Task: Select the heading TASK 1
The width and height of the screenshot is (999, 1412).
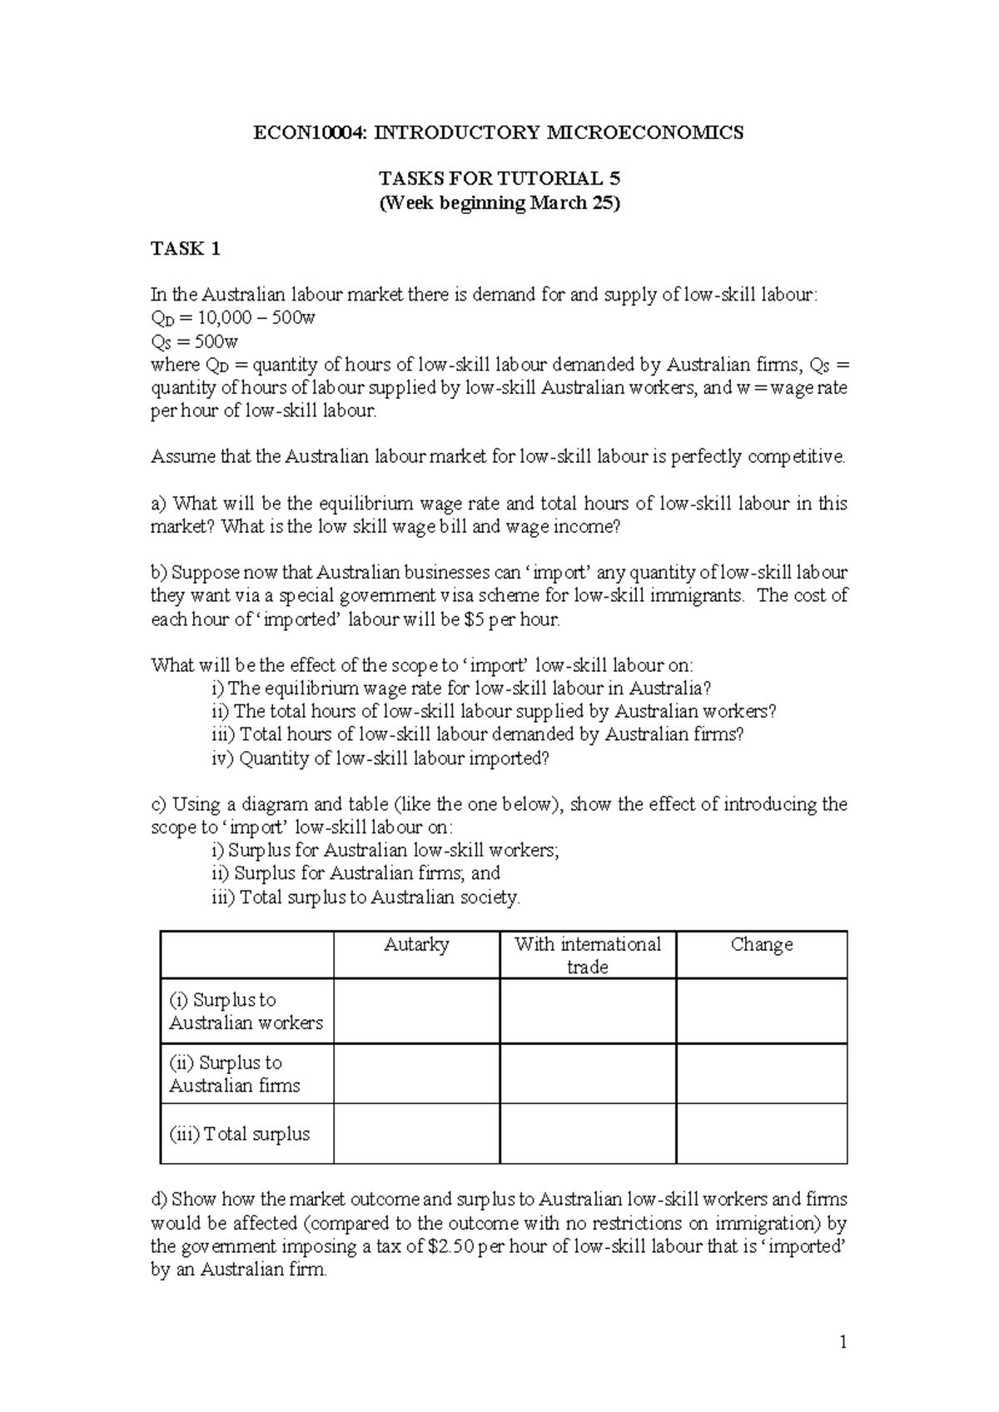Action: [x=185, y=248]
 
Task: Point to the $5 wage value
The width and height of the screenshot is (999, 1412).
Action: [x=463, y=619]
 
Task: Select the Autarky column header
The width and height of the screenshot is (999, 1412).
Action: [x=416, y=944]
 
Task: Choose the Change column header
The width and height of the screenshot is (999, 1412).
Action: [x=761, y=944]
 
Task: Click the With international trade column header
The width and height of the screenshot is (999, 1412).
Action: [x=587, y=955]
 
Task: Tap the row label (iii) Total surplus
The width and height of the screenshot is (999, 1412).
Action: [x=240, y=1134]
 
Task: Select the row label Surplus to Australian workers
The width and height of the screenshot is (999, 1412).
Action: [x=246, y=1011]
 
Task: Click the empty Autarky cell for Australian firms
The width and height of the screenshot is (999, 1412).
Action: [x=416, y=1074]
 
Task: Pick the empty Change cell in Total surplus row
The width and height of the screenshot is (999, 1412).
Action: [x=761, y=1134]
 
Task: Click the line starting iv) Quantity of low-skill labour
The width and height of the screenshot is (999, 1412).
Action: [x=381, y=758]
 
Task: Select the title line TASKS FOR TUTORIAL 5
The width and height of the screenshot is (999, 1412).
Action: [x=499, y=179]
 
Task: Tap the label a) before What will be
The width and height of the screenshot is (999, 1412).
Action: [x=158, y=504]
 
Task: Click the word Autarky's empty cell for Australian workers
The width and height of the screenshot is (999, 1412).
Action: [x=416, y=1011]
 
